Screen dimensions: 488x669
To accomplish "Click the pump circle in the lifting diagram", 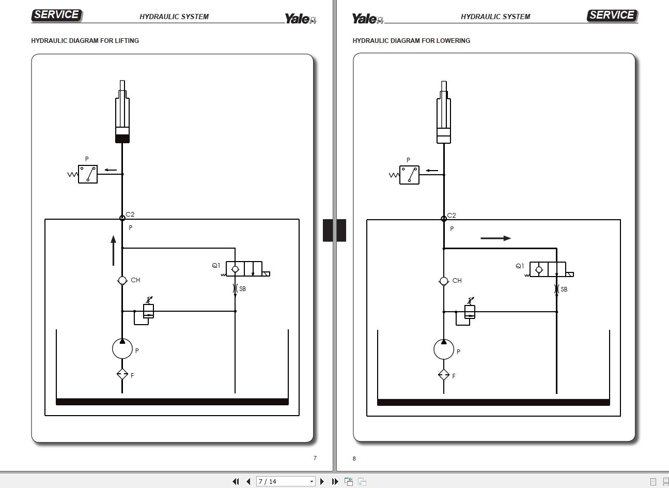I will coord(122,348).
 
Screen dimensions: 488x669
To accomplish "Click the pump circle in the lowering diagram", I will coord(444,349).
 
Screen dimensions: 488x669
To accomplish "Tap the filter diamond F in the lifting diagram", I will coord(122,374).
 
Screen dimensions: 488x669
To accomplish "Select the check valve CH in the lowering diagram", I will coord(444,281).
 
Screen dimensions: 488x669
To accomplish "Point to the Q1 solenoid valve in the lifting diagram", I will coord(244,269).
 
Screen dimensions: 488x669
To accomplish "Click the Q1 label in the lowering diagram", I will coord(520,266).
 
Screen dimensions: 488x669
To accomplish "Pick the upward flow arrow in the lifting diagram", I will coord(113,250).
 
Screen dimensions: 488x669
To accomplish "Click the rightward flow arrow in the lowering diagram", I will coord(495,238).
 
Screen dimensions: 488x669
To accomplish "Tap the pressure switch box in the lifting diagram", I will coord(88,174).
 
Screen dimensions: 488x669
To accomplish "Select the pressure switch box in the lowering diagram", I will coord(409,175).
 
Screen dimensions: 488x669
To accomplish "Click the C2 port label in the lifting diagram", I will coord(130,214).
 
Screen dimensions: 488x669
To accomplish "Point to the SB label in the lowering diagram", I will coord(564,289).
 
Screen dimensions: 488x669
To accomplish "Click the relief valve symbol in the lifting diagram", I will coord(148,311).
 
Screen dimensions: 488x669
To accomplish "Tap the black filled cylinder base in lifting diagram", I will coord(122,139).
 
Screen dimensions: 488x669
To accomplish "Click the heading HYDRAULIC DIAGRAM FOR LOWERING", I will coord(411,40).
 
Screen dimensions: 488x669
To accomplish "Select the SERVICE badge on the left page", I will coord(57,15).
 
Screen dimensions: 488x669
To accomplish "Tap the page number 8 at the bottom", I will coord(354,459).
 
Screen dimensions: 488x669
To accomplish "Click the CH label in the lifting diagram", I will coord(135,280).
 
